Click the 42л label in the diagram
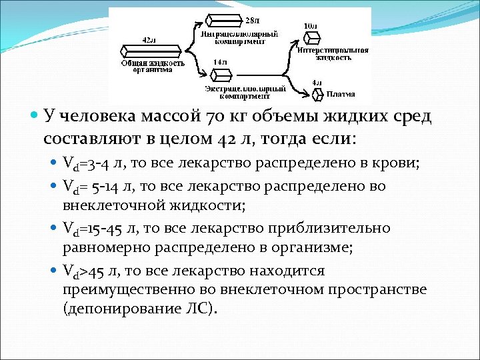click(150, 40)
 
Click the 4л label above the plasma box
click(317, 83)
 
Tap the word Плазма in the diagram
click(341, 94)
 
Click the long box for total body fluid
click(151, 51)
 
